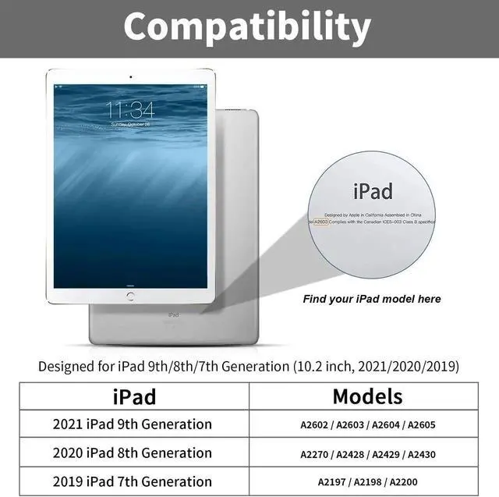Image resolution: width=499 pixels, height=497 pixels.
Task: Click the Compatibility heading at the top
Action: point(246,28)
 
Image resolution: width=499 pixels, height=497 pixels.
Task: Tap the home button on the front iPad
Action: point(130,296)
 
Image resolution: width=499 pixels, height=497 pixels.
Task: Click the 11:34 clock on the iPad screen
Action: point(130,108)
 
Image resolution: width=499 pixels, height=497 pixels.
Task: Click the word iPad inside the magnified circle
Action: point(373,191)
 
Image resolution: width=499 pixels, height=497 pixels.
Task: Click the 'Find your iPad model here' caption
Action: point(372,299)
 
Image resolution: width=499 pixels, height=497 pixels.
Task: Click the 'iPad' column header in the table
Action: point(134,396)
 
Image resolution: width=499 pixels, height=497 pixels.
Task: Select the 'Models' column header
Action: point(367,396)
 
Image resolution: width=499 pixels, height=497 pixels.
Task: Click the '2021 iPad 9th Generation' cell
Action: point(133,424)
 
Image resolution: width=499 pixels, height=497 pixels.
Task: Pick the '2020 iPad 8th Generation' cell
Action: point(133,453)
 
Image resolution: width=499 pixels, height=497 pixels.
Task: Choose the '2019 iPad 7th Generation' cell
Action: point(133,481)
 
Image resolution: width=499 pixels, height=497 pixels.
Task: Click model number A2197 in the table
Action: point(332,482)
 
